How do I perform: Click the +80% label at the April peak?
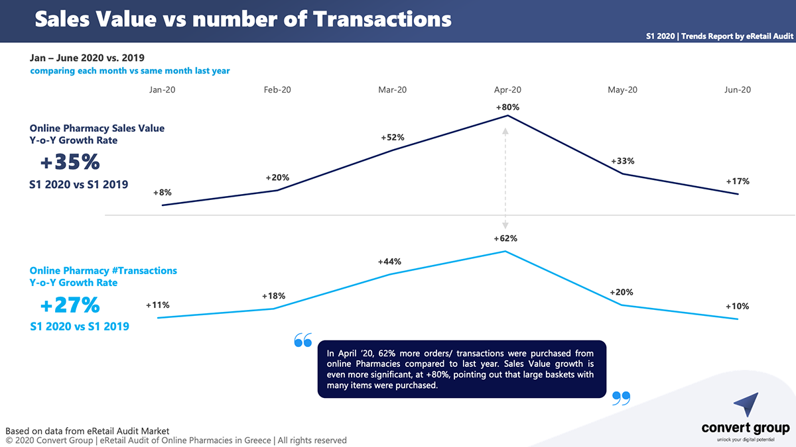point(507,107)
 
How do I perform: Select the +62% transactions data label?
point(505,238)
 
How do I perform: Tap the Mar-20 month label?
point(392,90)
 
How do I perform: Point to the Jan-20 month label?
point(163,90)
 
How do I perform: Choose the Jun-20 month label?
point(738,90)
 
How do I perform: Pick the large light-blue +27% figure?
point(70,305)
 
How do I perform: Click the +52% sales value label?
point(393,138)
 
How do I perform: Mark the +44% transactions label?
point(389,262)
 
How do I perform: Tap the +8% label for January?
point(163,193)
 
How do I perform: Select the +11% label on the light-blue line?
point(158,305)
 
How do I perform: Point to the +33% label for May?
point(622,161)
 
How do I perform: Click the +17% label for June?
point(738,181)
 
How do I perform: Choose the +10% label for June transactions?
point(737,307)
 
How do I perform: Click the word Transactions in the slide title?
point(383,19)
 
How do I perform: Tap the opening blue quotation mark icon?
point(302,340)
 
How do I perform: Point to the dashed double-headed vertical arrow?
point(505,179)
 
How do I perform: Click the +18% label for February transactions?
point(274,296)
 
